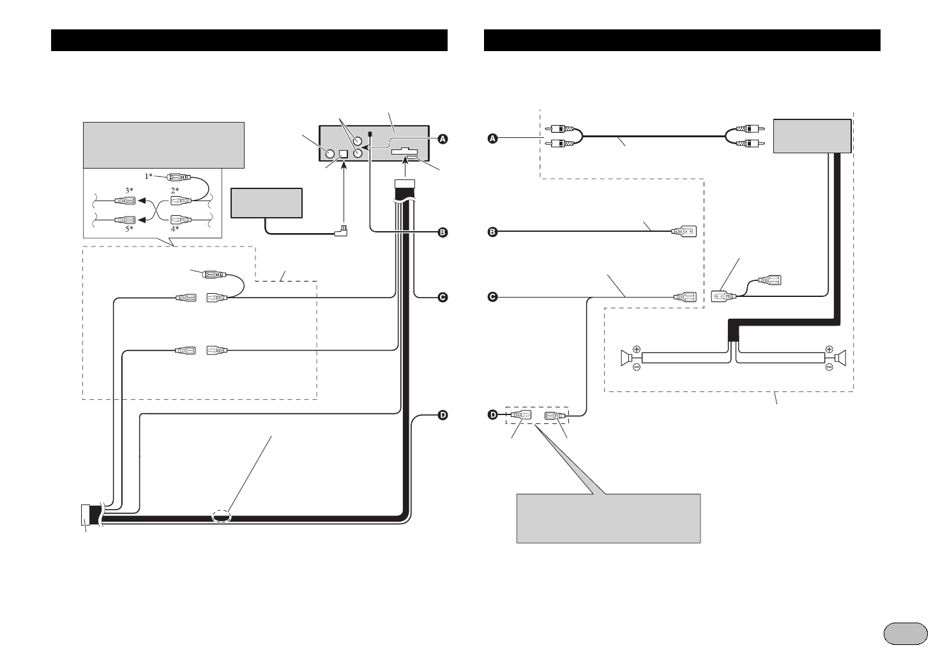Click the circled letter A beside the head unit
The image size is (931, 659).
(443, 139)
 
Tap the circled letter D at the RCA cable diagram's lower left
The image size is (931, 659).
(492, 416)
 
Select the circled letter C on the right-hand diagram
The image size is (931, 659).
(492, 296)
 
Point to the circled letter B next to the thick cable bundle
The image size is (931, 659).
(443, 232)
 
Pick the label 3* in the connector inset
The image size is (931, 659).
(129, 190)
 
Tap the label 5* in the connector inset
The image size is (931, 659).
(129, 228)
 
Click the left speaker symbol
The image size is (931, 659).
(626, 358)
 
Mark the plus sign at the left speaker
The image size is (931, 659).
(637, 349)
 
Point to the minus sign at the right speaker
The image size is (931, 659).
(829, 368)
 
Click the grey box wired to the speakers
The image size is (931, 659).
(812, 135)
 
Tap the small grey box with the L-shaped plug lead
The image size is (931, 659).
(266, 202)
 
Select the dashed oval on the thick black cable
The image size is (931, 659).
(221, 517)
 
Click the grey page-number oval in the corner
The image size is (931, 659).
(905, 633)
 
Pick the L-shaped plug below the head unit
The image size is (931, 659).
(344, 230)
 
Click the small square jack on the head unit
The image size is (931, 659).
(344, 154)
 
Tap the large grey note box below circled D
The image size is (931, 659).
(608, 518)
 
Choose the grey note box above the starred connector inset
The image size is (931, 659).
(163, 145)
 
